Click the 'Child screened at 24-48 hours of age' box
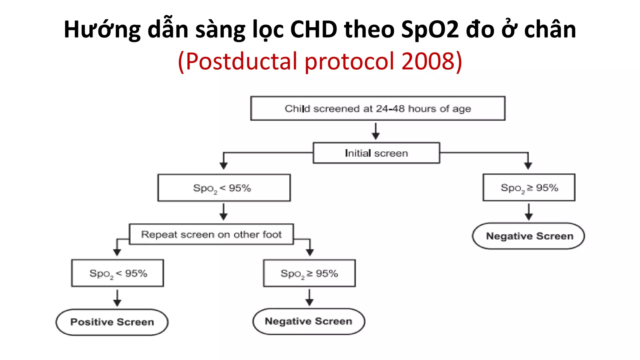pyautogui.click(x=377, y=108)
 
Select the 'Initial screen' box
pyautogui.click(x=376, y=153)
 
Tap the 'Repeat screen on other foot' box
pyautogui.click(x=211, y=234)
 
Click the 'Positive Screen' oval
pyautogui.click(x=112, y=322)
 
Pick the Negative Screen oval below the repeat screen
pyautogui.click(x=308, y=321)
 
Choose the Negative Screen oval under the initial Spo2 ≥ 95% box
pyautogui.click(x=529, y=236)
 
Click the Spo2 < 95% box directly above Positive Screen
pyautogui.click(x=117, y=273)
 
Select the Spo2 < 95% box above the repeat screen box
pyautogui.click(x=224, y=188)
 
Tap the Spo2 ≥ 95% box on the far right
pyautogui.click(x=529, y=187)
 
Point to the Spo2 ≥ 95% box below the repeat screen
pyautogui.click(x=309, y=273)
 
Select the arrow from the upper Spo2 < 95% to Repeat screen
pyautogui.click(x=223, y=212)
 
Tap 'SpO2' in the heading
pyautogui.click(x=430, y=30)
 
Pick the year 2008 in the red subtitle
pyautogui.click(x=428, y=61)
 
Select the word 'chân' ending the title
pyautogui.click(x=550, y=30)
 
